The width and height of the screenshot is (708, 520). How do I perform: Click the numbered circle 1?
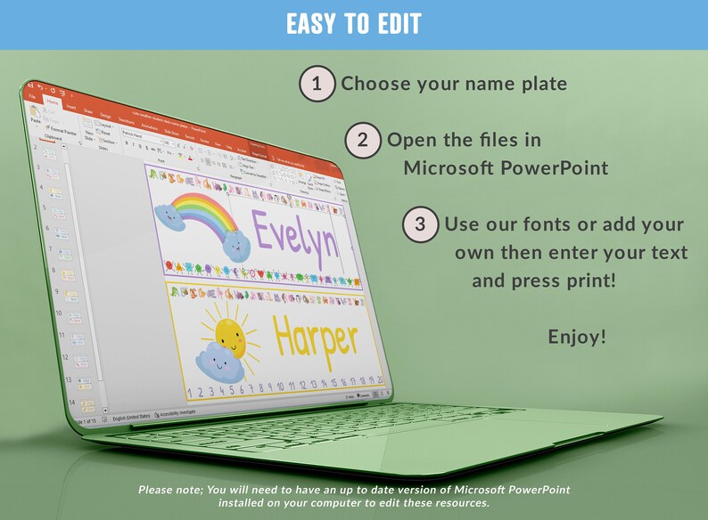[317, 85]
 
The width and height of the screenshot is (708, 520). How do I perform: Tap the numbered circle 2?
[363, 140]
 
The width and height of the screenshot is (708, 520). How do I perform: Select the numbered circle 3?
[421, 224]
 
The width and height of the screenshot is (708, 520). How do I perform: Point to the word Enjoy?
[577, 337]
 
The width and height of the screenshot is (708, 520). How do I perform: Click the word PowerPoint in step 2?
[559, 167]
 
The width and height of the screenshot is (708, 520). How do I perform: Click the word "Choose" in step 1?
[373, 85]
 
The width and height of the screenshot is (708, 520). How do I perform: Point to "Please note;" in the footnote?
[175, 490]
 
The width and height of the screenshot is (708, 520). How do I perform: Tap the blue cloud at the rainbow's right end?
[234, 243]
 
